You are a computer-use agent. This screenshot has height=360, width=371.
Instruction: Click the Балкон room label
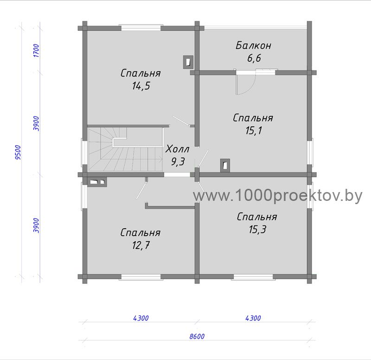coord(253,45)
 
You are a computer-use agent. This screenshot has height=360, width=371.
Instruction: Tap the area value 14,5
coord(141,86)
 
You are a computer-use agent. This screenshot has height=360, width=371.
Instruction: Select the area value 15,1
coord(254,130)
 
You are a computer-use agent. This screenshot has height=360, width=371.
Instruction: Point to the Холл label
coord(178,149)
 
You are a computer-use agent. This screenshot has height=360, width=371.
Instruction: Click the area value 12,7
coord(141,245)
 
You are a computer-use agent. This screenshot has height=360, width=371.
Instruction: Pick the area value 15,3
coord(257,229)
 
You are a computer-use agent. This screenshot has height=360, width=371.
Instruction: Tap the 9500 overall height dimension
coord(18,153)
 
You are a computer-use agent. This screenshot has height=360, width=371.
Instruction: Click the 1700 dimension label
coord(36,51)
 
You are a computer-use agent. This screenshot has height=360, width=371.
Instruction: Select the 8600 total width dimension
coord(197,336)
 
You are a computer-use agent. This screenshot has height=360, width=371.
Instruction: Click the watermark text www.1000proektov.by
coord(278,196)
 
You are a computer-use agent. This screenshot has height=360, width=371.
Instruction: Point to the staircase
coord(126,149)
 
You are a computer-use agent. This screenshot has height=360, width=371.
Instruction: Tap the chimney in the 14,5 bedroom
coord(188,62)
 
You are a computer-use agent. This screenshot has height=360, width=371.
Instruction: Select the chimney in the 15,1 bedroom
coord(225,165)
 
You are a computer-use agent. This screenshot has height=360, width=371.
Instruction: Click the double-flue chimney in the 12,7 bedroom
coord(97,182)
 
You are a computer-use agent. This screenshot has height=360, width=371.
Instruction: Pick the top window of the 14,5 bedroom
coord(141,28)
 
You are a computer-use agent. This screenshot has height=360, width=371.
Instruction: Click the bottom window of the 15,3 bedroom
coord(253,277)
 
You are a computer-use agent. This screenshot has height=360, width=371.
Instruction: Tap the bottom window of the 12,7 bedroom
coord(141,277)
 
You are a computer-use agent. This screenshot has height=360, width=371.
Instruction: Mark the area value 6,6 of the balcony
coord(254,58)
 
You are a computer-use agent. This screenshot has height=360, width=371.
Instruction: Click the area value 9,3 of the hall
coord(178,162)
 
